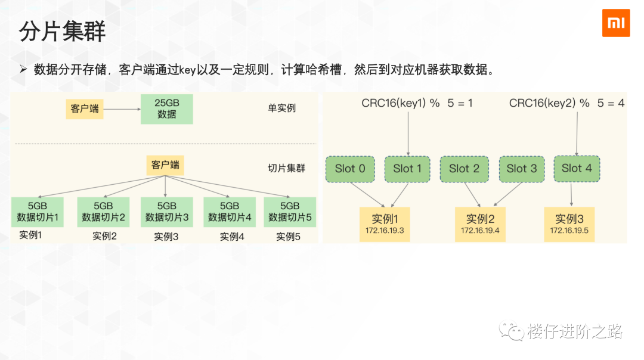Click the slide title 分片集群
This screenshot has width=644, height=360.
tap(62, 32)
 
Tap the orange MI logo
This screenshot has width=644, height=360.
tap(615, 23)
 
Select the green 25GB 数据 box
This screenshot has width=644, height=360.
tap(166, 109)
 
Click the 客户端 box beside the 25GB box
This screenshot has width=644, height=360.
tap(84, 109)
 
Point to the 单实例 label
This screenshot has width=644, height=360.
tap(281, 108)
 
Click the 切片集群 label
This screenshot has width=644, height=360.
tap(286, 168)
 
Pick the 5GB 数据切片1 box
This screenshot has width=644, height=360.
tap(38, 212)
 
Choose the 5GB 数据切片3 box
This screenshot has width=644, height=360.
tap(166, 212)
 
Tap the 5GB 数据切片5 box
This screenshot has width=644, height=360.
tap(290, 212)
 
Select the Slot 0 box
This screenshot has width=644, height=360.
tap(350, 169)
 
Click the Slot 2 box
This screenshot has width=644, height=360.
tap(464, 169)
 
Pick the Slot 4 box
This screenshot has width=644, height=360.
tap(577, 168)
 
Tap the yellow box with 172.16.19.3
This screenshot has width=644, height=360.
tap(385, 224)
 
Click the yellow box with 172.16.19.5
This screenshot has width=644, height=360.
tap(569, 224)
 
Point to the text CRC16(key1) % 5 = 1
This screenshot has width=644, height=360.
tap(417, 103)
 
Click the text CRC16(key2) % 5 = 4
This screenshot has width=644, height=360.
tap(566, 103)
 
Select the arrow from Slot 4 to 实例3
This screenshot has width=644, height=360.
tap(571, 193)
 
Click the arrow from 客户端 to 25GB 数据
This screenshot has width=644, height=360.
tap(122, 109)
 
